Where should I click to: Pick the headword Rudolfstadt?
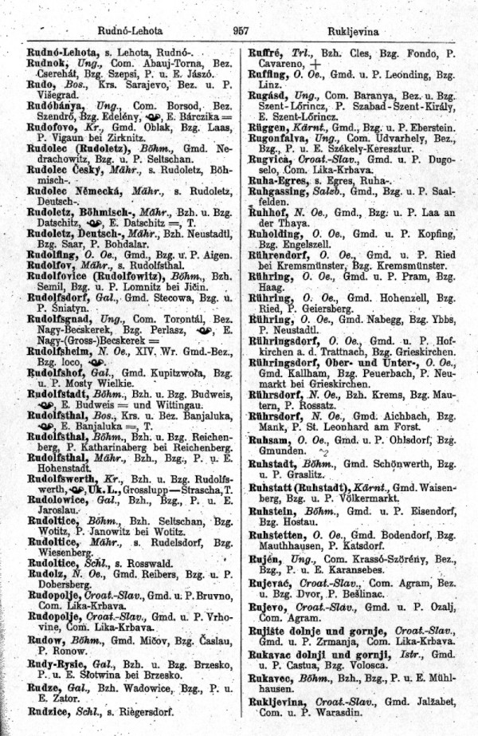pyautogui.click(x=50, y=415)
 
